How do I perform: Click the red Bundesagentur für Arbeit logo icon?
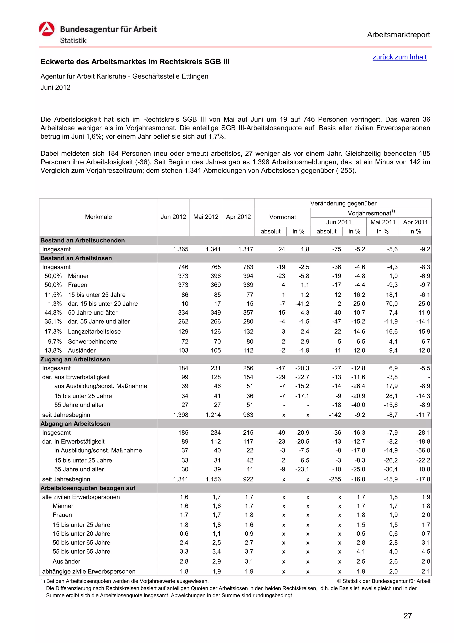pos(46,29)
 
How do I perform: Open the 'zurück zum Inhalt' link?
pos(399,57)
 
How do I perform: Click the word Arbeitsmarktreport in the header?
pos(398,35)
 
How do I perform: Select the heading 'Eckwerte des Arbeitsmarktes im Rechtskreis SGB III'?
pos(135,62)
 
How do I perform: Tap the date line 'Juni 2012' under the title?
pos(55,87)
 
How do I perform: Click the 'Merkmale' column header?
pos(98,217)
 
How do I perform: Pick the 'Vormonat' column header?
pos(282,217)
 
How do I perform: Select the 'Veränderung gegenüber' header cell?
pos(343,203)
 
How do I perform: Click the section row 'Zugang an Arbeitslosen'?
pos(75,359)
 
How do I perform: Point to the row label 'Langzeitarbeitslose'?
pos(94,331)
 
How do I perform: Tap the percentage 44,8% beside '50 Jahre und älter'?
pos(53,313)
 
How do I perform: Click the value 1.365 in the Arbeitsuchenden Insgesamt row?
pos(181,249)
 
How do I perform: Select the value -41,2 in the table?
pos(302,304)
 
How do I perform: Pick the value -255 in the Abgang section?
pos(335,479)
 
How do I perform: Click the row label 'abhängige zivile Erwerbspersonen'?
pos(89,571)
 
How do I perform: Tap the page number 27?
pos(408,616)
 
